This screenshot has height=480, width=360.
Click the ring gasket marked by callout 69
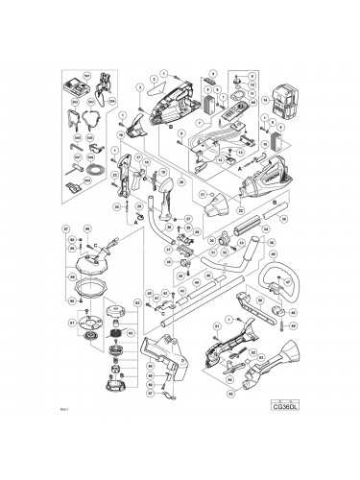[89, 285]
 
